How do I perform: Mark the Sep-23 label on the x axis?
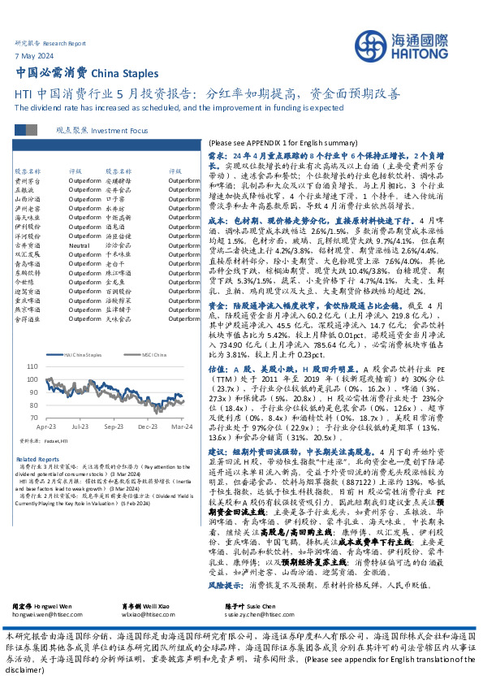pyautogui.click(x=114, y=425)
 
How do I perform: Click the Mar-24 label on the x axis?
pyautogui.click(x=180, y=425)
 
